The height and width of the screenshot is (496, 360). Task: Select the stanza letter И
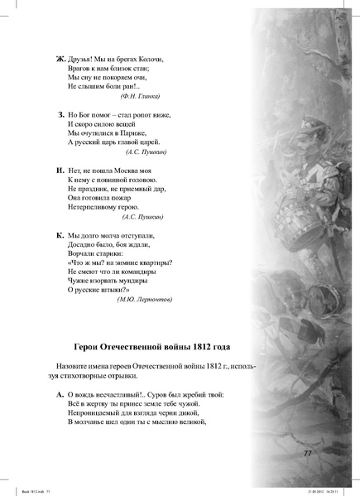60,170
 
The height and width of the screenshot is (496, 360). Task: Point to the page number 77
307,453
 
